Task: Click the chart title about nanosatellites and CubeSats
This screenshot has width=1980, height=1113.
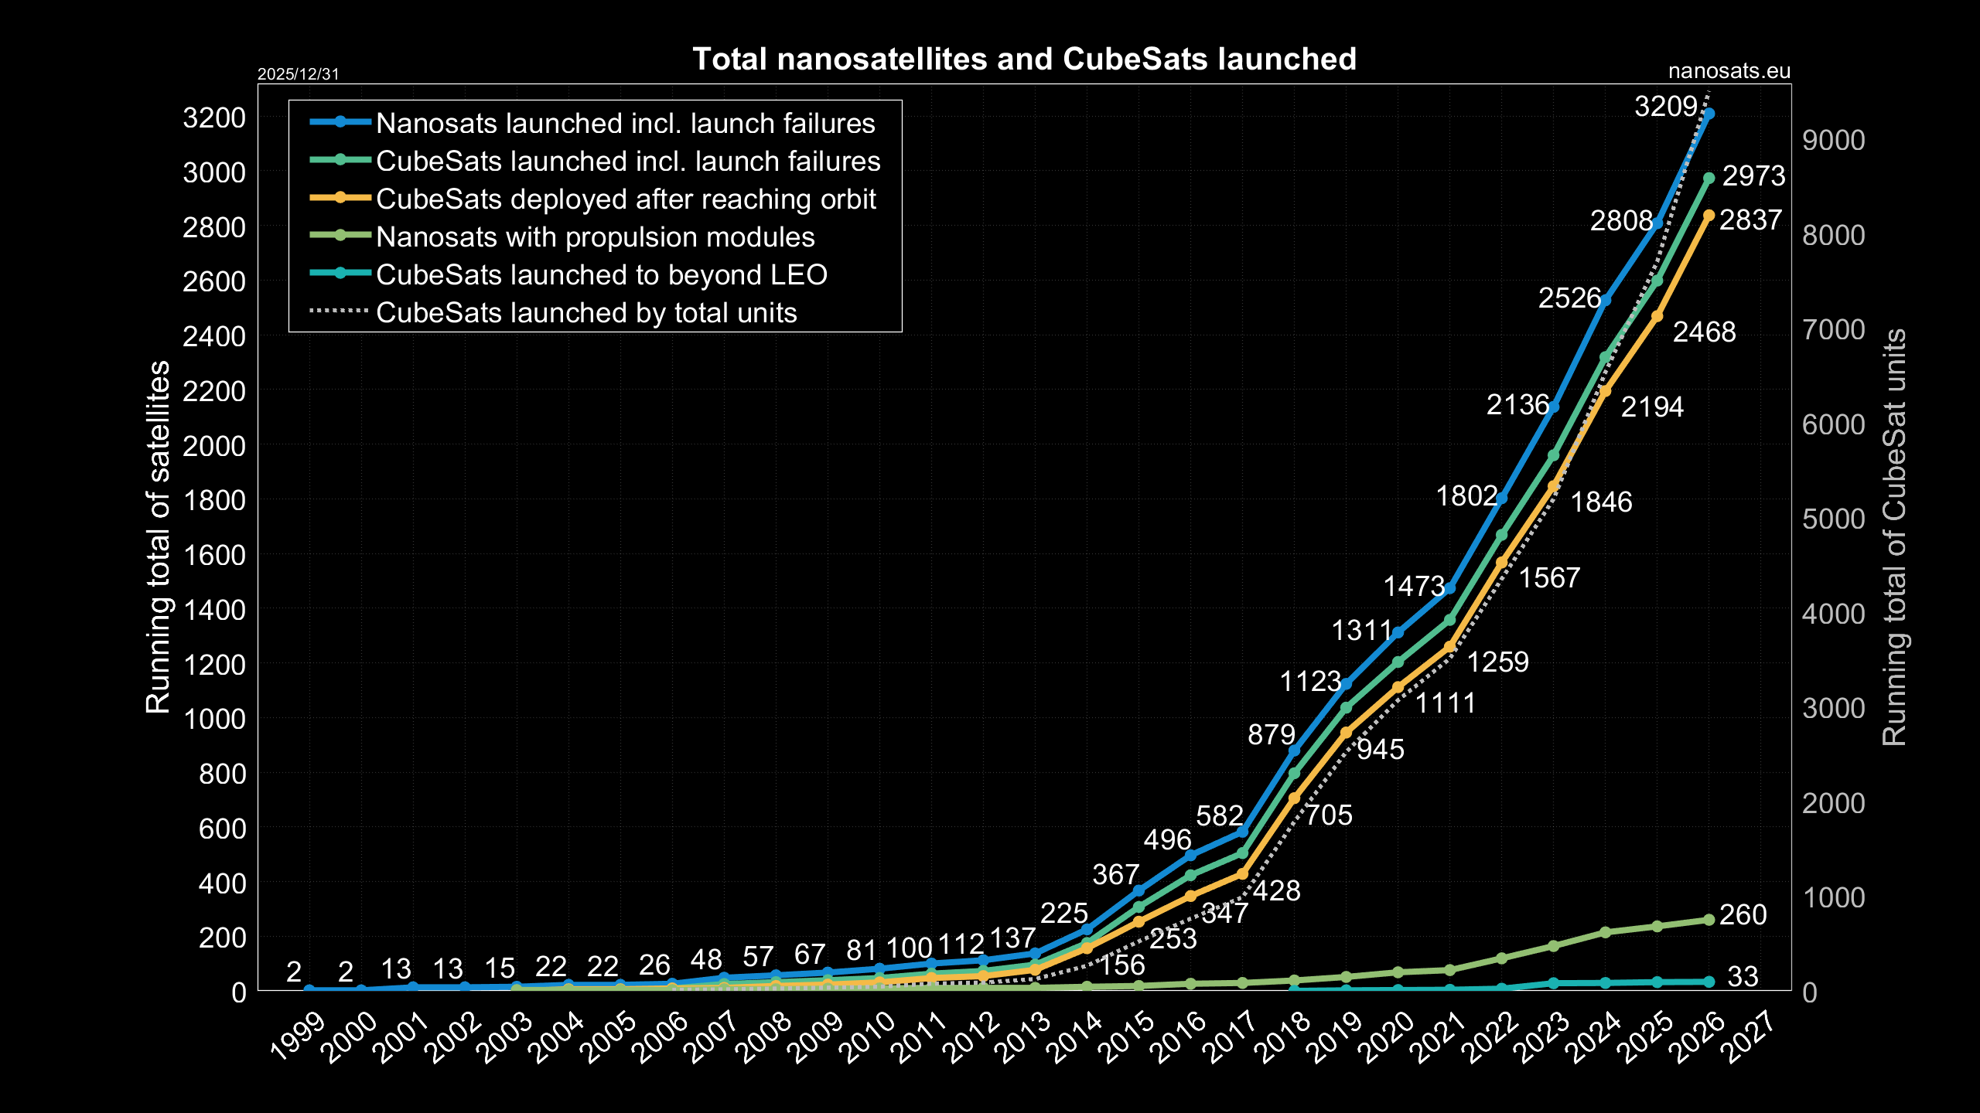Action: (x=1024, y=60)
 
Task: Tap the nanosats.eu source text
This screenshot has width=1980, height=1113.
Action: (x=1729, y=72)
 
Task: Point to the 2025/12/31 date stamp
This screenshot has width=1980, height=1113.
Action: (x=298, y=74)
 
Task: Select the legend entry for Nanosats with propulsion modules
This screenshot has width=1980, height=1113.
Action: (x=595, y=237)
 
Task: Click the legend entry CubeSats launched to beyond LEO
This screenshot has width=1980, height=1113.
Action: (x=601, y=275)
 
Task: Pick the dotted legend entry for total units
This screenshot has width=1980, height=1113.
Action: (x=585, y=313)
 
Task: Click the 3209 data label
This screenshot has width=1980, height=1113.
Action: (x=1665, y=107)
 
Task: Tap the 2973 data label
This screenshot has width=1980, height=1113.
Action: (x=1753, y=176)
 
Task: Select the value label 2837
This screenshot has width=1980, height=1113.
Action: (x=1750, y=220)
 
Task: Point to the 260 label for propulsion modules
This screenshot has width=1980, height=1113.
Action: (x=1743, y=915)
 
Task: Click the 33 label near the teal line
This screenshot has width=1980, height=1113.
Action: (x=1743, y=977)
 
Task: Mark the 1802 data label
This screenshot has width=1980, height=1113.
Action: (x=1466, y=496)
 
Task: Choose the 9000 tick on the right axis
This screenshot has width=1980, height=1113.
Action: (x=1833, y=141)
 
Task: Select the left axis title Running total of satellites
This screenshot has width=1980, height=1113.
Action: (x=159, y=536)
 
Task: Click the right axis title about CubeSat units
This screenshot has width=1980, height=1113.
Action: (x=1895, y=536)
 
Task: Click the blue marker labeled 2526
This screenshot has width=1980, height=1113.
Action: (x=1605, y=300)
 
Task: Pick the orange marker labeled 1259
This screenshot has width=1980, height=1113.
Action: (x=1449, y=647)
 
